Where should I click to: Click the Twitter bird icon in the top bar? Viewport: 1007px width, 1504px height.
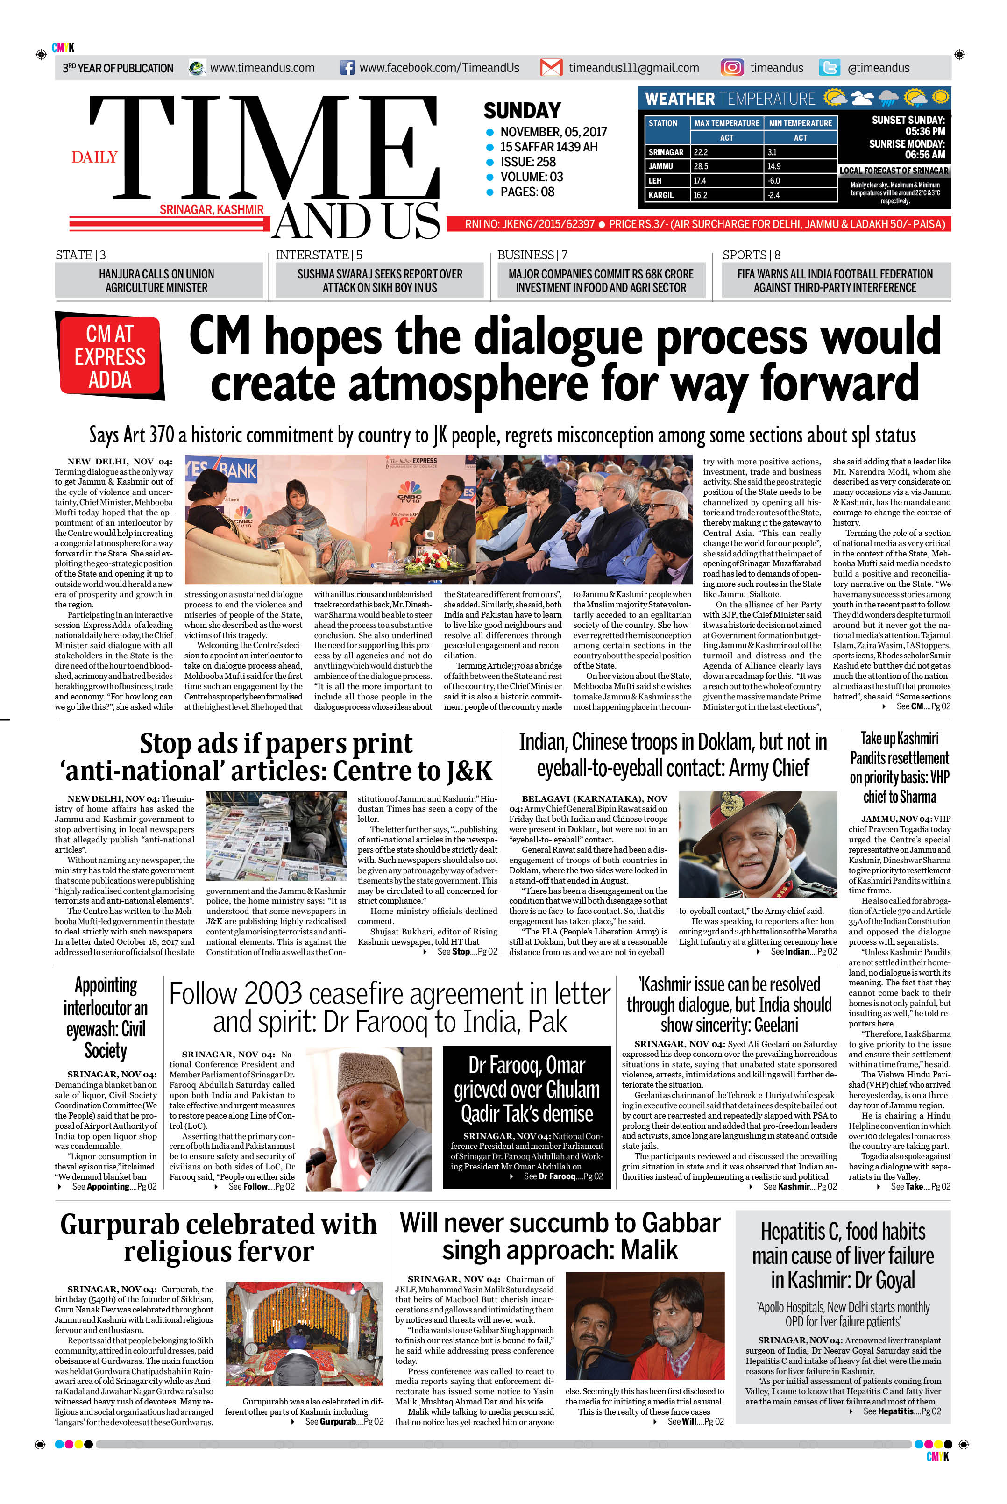point(829,67)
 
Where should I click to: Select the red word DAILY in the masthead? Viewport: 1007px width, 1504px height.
point(94,157)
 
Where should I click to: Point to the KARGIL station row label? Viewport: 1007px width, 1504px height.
point(661,195)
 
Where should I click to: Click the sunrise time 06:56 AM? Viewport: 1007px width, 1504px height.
point(925,155)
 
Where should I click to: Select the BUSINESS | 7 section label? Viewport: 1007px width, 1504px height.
point(532,255)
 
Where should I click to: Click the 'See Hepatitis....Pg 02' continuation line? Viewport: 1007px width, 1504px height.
point(901,1411)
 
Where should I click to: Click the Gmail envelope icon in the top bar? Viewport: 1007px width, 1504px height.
point(551,67)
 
